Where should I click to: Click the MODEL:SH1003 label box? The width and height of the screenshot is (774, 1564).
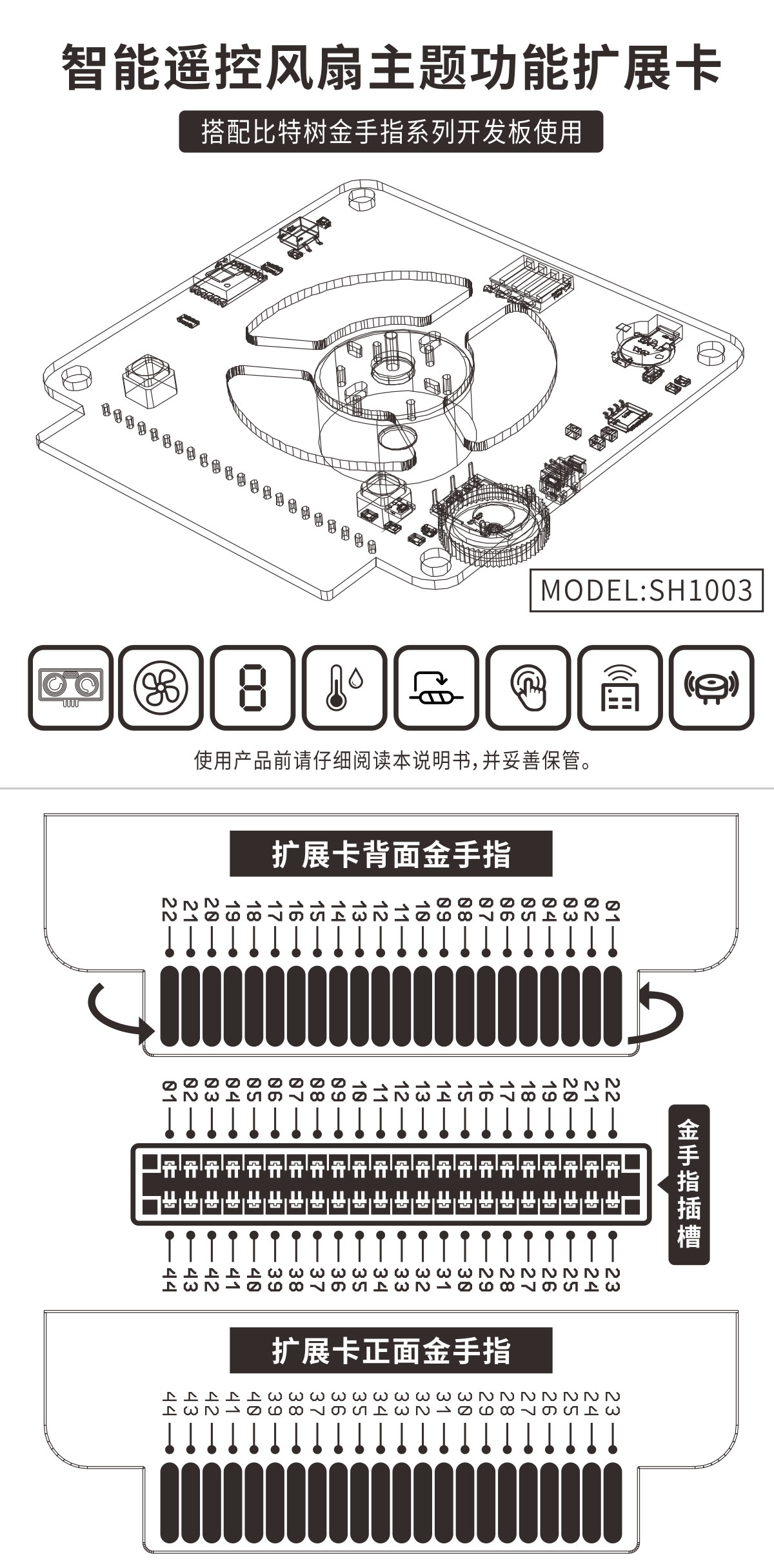click(646, 590)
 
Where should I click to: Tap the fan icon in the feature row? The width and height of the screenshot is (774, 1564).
click(161, 687)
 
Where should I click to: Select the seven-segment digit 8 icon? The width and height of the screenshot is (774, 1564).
click(253, 687)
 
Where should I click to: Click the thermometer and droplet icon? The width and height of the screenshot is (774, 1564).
click(345, 687)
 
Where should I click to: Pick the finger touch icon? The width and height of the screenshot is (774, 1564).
click(528, 687)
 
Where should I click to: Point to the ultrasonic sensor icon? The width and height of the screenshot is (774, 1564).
click(70, 687)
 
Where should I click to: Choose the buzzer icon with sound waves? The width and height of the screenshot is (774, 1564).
click(711, 687)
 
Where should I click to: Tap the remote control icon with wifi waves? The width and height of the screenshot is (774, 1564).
click(620, 687)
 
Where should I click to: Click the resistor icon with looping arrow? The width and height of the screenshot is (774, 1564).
click(437, 687)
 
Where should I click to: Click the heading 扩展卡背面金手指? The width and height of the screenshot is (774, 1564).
click(391, 854)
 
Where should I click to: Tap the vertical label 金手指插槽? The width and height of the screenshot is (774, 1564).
click(688, 1184)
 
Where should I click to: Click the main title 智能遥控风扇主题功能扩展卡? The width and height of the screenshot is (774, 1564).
click(391, 68)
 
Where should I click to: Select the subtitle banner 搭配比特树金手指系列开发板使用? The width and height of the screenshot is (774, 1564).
click(391, 131)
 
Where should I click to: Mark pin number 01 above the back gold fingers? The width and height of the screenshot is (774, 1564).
click(613, 911)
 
